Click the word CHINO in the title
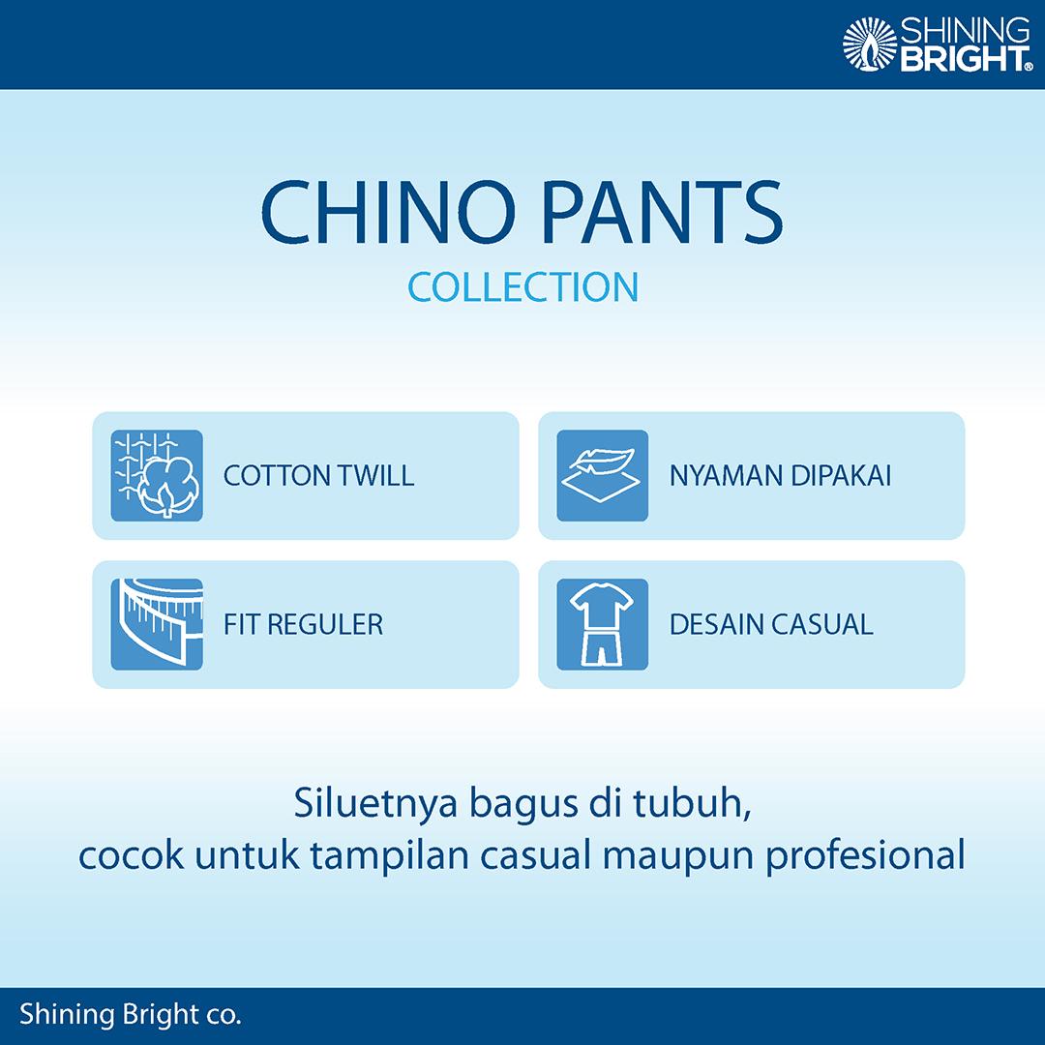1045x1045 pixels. (389, 213)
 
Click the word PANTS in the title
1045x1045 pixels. (663, 213)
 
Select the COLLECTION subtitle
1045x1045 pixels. (523, 287)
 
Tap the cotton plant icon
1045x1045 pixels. (157, 475)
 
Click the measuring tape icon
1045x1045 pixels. (157, 624)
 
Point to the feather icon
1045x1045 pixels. (603, 475)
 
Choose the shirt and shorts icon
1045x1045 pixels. (603, 624)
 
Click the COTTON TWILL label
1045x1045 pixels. (318, 476)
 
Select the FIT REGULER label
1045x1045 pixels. (303, 624)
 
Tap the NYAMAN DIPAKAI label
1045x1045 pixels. (781, 476)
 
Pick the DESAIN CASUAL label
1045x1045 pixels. (771, 624)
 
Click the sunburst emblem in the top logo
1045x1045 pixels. (870, 45)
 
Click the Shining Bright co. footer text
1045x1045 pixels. (130, 1014)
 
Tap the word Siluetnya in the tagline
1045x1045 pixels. (375, 804)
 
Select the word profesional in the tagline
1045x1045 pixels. (866, 855)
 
